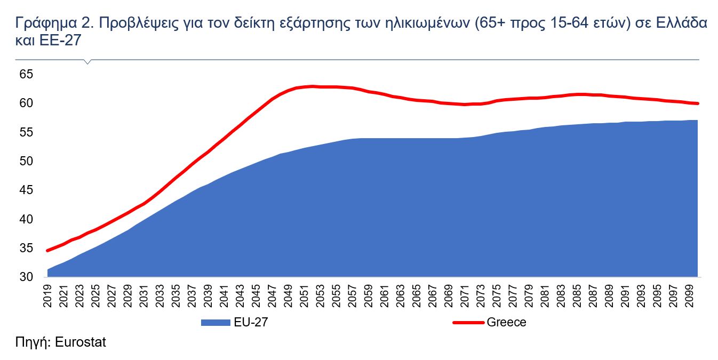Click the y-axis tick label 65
(26, 74)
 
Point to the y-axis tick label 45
(26, 190)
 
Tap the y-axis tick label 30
(26, 277)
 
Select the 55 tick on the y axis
(26, 132)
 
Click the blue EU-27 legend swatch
(216, 322)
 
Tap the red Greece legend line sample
(468, 322)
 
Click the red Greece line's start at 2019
(48, 250)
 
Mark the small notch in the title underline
(88, 62)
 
